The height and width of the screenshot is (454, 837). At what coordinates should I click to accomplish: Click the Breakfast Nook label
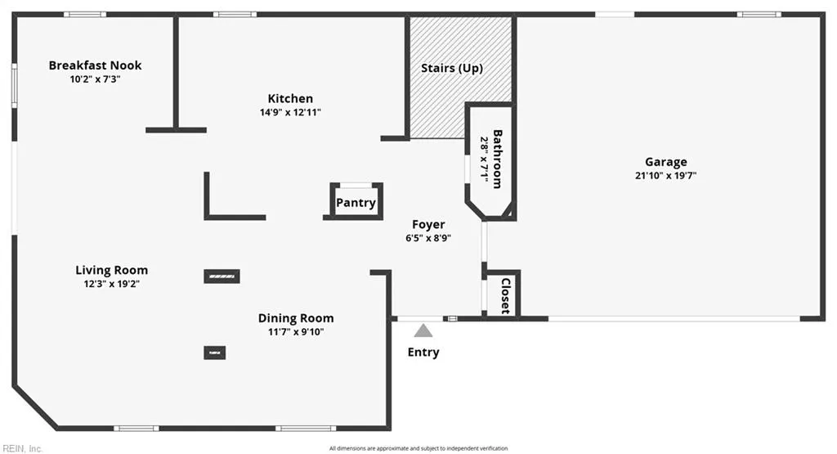(95, 65)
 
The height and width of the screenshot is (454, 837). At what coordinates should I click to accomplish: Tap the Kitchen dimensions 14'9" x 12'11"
(290, 113)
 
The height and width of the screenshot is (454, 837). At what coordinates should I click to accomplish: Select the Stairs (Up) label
(451, 68)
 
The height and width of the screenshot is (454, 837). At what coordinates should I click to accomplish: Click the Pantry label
(356, 203)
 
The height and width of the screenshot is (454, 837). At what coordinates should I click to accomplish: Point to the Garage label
(665, 162)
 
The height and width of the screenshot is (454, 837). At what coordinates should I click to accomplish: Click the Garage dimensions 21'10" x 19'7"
(665, 175)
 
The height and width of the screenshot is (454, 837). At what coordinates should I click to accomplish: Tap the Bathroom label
(497, 160)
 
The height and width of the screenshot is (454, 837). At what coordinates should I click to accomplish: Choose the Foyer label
(428, 224)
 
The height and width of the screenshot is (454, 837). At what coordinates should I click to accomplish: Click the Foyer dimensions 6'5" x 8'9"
(428, 238)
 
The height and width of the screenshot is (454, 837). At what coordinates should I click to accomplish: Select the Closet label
(505, 295)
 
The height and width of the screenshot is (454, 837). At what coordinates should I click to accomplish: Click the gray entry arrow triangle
(423, 330)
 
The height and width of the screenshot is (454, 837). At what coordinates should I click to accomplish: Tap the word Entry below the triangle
(423, 353)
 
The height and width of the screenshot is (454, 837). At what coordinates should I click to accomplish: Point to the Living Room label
(112, 270)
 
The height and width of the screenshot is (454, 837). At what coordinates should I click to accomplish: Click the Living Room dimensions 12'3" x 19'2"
(112, 284)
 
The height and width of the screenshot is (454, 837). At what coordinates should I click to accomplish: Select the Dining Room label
(296, 318)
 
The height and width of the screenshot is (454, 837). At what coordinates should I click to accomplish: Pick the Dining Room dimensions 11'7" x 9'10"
(296, 332)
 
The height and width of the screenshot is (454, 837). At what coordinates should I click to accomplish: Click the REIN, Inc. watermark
(24, 448)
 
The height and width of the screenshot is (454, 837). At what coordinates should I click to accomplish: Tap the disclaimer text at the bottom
(418, 448)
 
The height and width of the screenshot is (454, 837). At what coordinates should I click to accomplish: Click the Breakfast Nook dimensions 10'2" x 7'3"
(95, 79)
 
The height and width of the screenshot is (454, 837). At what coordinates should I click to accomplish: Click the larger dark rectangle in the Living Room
(222, 276)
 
